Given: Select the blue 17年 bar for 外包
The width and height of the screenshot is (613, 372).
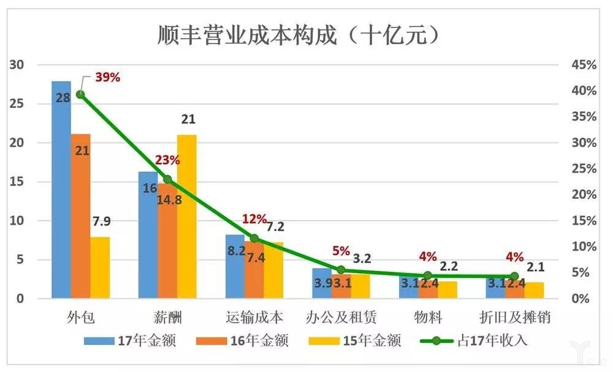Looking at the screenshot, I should (x=61, y=190).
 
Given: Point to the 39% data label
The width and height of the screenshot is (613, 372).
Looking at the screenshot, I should (x=107, y=78).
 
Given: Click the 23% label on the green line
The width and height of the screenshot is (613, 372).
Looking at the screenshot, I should (x=167, y=161).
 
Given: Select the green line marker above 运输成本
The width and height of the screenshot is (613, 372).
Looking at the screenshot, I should (x=254, y=238).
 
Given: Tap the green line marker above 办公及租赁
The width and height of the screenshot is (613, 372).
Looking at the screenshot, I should (x=341, y=269).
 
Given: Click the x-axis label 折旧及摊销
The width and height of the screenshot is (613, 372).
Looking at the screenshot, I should (x=515, y=317).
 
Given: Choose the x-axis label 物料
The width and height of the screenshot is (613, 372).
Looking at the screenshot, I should (x=428, y=317).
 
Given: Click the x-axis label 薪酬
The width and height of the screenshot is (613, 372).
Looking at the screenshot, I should (x=167, y=317).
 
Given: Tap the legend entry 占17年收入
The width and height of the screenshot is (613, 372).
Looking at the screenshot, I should (x=484, y=339).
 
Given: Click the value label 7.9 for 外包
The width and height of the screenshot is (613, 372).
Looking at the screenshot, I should (x=101, y=222).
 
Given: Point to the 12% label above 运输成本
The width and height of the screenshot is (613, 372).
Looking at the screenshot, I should (x=254, y=219).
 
